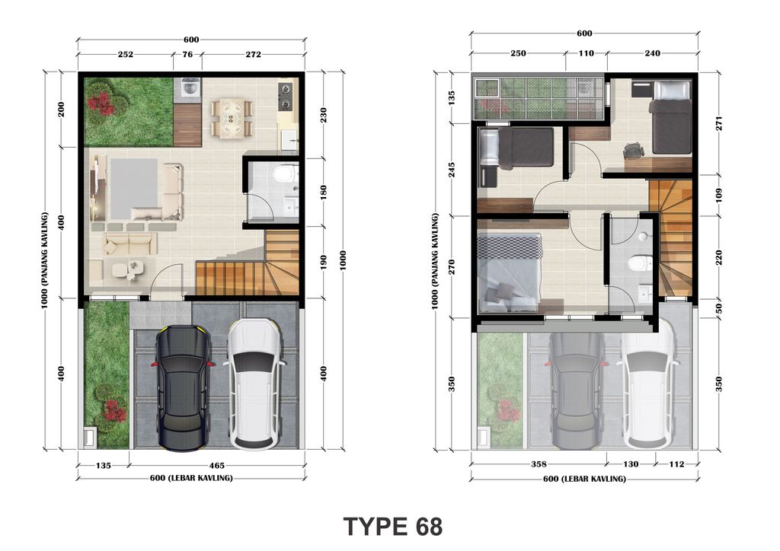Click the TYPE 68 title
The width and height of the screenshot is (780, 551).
coord(392,527)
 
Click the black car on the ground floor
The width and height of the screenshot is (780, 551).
coord(183,388)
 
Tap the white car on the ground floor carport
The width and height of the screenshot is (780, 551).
coord(254,384)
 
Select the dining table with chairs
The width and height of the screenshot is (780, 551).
coord(232,118)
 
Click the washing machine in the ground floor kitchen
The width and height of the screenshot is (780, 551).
coord(188,90)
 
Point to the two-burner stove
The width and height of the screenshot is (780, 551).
coord(286,97)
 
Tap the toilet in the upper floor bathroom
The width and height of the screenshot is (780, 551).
coord(640,263)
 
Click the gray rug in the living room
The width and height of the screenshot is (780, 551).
coord(134,189)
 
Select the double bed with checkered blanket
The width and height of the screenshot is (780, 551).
coord(510,272)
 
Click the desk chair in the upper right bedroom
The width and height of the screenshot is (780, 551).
coord(632,150)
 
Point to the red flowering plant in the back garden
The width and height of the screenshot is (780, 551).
coord(102,103)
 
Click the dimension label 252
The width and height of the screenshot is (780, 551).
coord(126,54)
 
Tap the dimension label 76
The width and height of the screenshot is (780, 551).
coord(187,54)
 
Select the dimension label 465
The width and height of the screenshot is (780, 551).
coord(217,466)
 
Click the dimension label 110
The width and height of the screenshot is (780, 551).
coord(586,53)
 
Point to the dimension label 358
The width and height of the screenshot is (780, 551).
coord(539,464)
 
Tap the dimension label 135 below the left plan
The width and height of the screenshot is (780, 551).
coord(103,466)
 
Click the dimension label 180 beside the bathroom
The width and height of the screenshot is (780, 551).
coord(323,193)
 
